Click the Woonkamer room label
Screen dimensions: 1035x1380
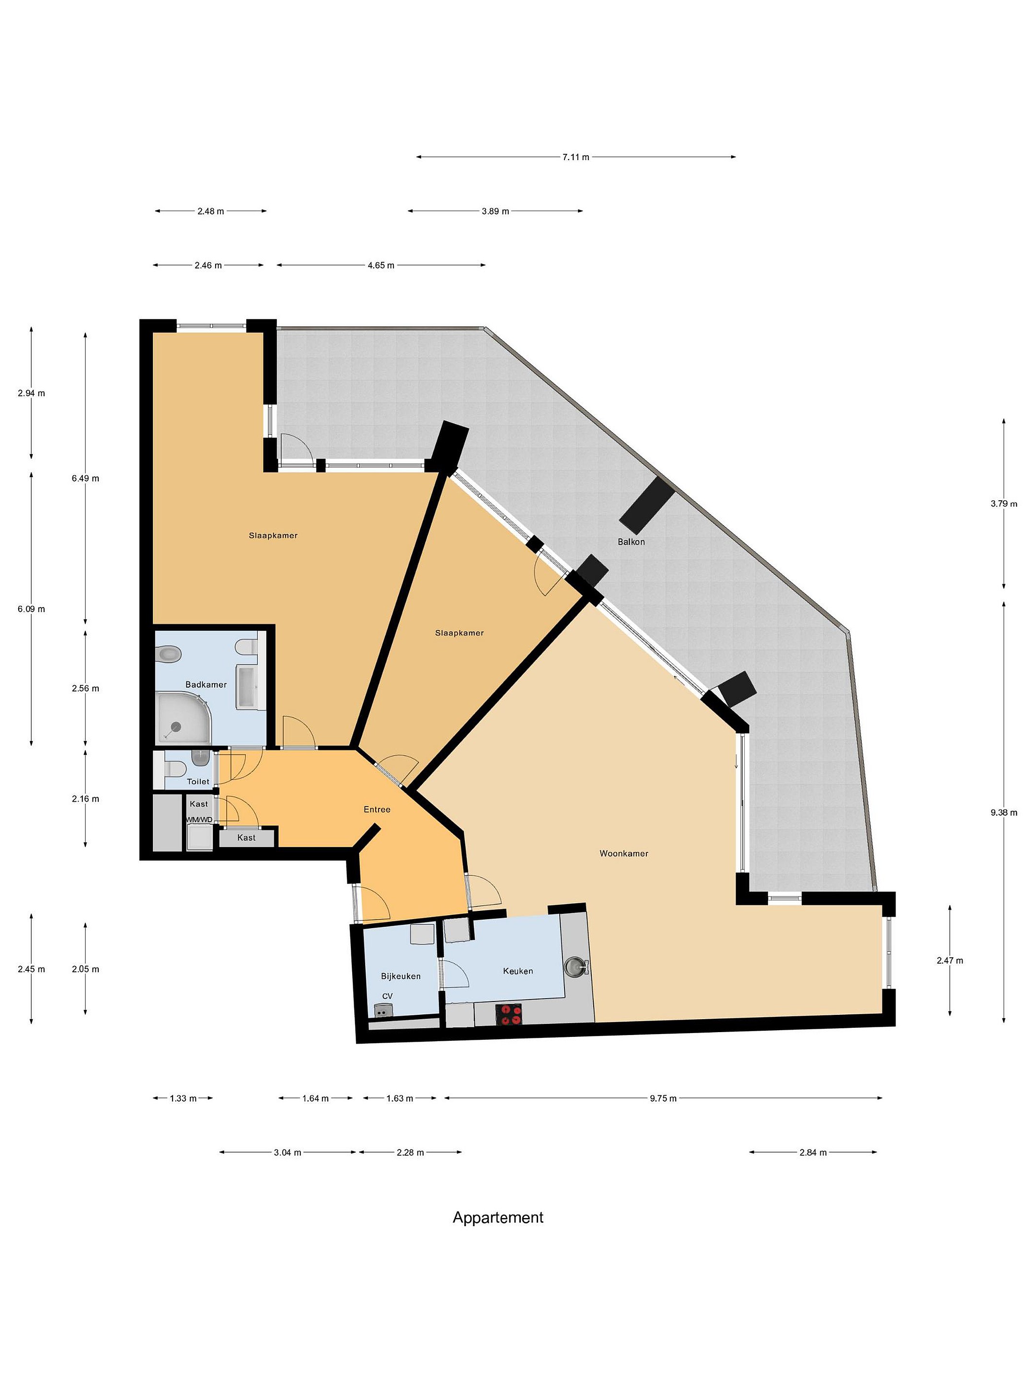coord(623,853)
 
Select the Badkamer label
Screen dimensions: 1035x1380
coord(206,684)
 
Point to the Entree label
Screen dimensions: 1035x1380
coord(377,809)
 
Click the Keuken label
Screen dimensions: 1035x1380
coord(518,971)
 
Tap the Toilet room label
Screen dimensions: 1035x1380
coord(198,781)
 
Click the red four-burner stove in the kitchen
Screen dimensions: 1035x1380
coord(508,1014)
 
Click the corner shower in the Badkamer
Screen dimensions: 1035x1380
coord(184,718)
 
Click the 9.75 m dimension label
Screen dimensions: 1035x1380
coord(663,1098)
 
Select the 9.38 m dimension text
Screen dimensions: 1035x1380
coord(1003,812)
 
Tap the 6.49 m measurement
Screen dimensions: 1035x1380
coord(85,479)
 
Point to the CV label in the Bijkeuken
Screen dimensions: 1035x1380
coord(388,996)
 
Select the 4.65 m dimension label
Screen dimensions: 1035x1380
coord(380,265)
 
